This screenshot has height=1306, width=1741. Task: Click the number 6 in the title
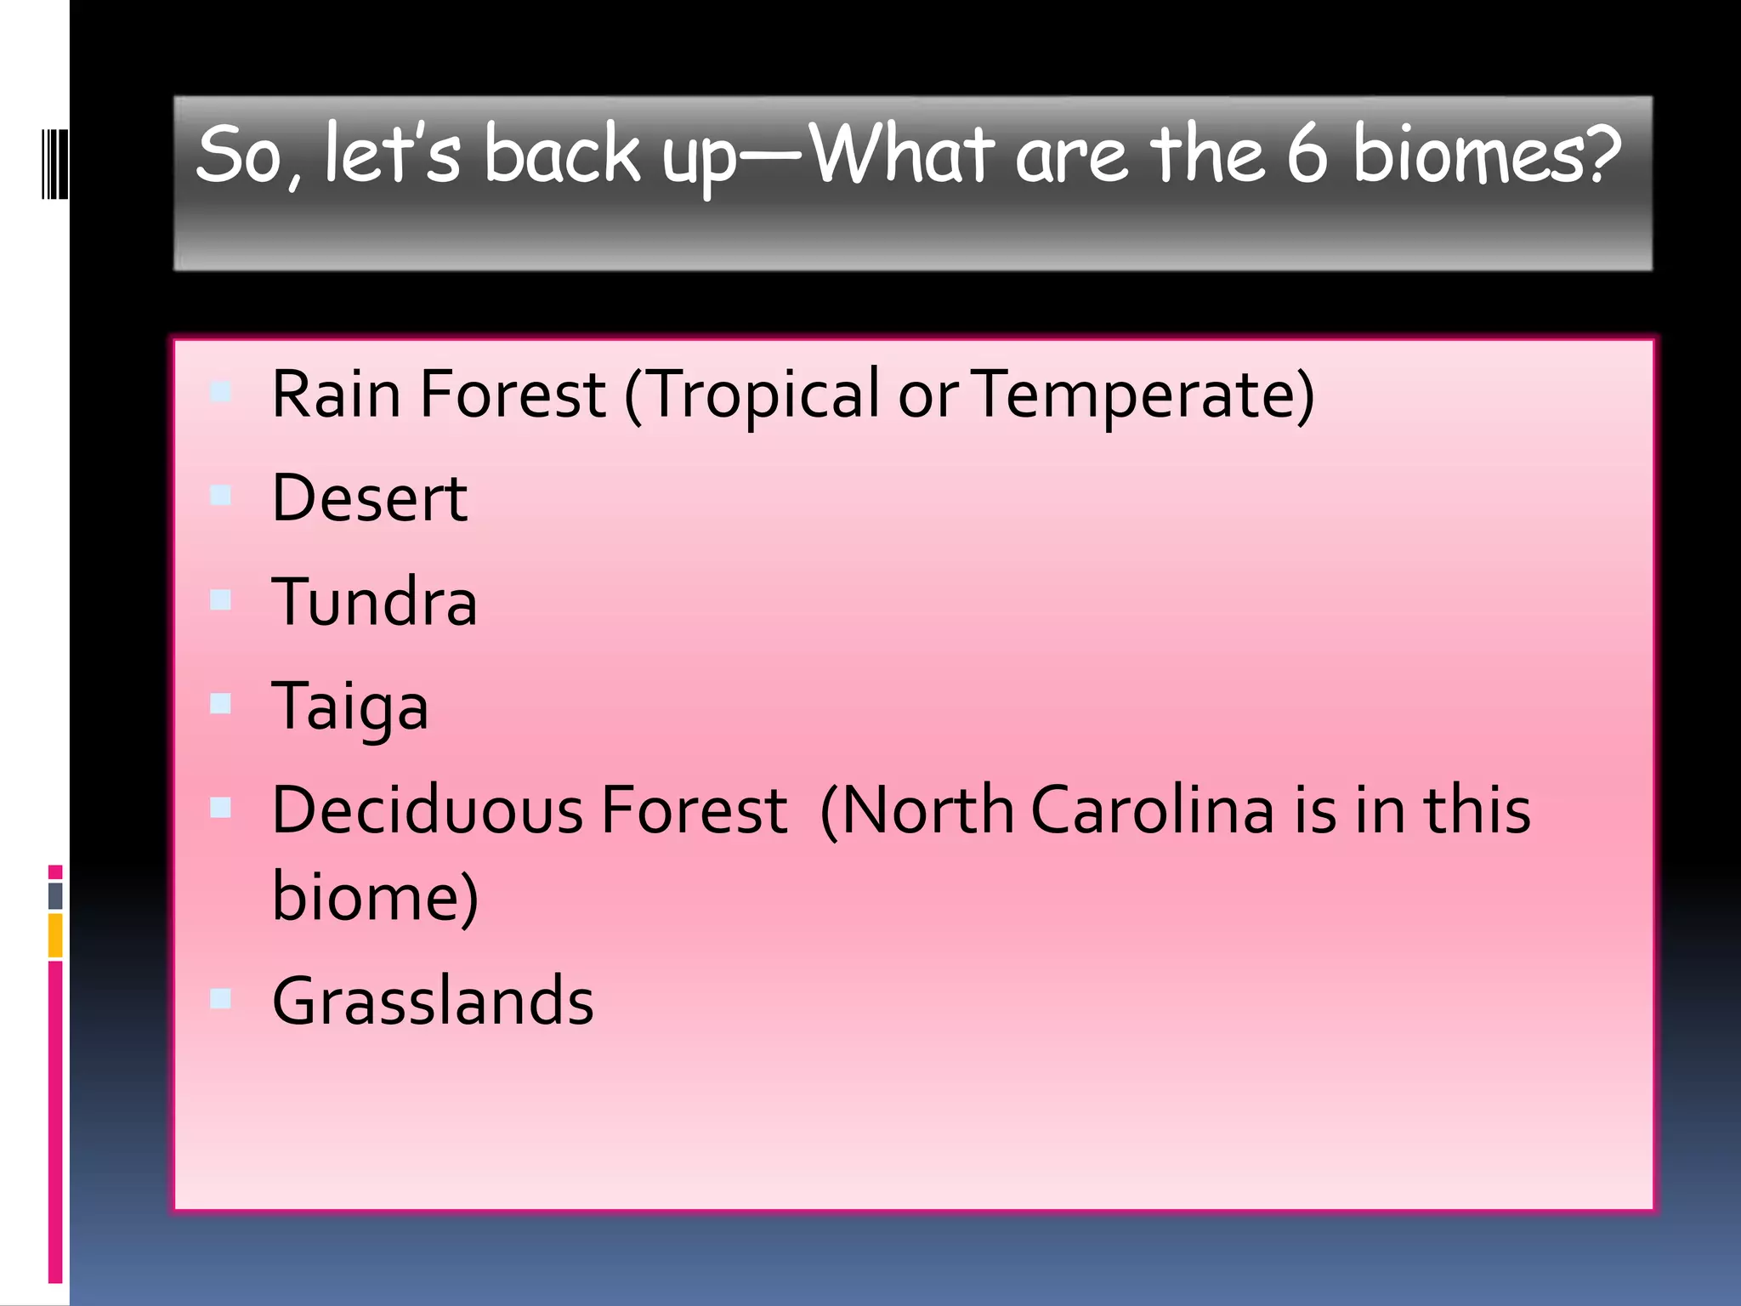click(x=1307, y=154)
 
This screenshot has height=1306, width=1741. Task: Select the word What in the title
click(x=903, y=154)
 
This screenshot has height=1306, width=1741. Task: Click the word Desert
click(x=369, y=497)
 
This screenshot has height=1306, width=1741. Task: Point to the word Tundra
click(x=374, y=601)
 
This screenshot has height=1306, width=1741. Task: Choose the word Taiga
click(x=349, y=706)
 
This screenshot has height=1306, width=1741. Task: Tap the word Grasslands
click(x=433, y=1000)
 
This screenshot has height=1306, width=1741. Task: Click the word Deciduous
click(x=427, y=809)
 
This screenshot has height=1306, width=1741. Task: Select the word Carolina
click(x=1153, y=809)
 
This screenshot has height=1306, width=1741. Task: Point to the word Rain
click(x=336, y=395)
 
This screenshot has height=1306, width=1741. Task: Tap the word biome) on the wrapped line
click(x=375, y=896)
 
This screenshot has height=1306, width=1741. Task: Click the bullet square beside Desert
click(x=220, y=495)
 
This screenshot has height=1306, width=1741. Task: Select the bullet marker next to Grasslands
click(x=220, y=997)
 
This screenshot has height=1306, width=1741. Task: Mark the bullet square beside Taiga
click(x=220, y=703)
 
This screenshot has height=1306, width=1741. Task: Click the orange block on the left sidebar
click(x=55, y=934)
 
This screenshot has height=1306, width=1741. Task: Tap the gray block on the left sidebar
click(x=55, y=895)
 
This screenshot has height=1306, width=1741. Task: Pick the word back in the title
click(x=562, y=154)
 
